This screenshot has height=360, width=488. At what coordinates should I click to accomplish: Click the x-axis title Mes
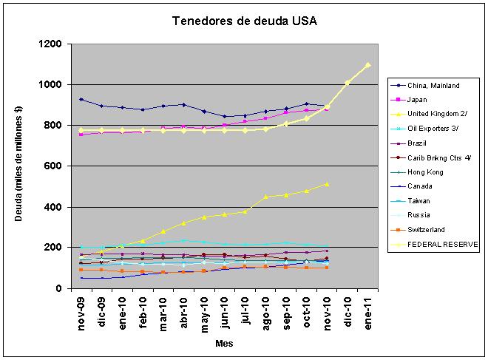[224, 344]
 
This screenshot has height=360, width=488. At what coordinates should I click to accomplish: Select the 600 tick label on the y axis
[53, 166]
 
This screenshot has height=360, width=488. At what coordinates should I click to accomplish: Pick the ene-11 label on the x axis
[367, 313]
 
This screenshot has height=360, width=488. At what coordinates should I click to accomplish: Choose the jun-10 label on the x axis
[225, 313]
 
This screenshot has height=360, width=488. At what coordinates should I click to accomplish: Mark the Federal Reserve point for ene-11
[367, 65]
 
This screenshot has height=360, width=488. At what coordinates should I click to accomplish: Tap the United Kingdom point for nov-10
[327, 184]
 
